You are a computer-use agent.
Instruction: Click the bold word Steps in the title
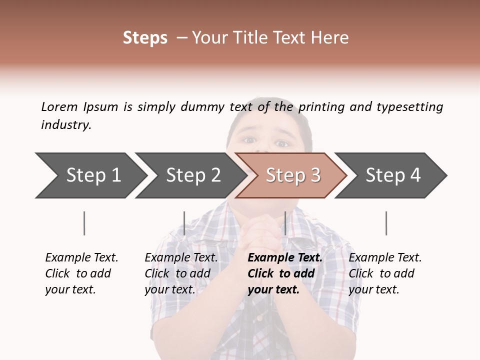click(x=145, y=38)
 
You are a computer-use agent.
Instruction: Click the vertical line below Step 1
click(x=84, y=223)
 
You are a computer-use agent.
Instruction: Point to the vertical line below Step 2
click(x=184, y=223)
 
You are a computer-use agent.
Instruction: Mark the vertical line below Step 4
click(x=386, y=223)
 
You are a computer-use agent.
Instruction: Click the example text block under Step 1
click(x=81, y=273)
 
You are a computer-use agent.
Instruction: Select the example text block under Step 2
click(x=181, y=273)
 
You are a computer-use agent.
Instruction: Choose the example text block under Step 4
click(x=385, y=273)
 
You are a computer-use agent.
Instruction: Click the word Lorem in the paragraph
click(x=59, y=107)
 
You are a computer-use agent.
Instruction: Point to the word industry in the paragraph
click(x=66, y=125)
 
